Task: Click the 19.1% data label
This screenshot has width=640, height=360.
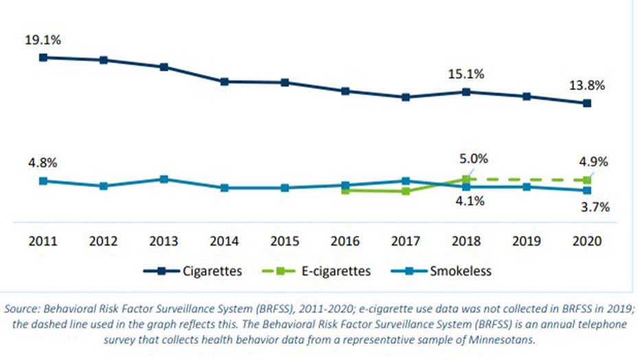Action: click(43, 41)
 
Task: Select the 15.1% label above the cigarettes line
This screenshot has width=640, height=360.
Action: click(467, 74)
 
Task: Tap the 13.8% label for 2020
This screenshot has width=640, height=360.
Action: click(587, 86)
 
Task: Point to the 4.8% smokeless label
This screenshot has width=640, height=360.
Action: click(43, 164)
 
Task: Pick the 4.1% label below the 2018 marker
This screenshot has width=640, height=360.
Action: click(467, 201)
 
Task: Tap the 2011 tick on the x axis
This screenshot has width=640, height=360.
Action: click(43, 242)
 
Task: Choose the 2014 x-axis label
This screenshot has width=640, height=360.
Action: click(224, 242)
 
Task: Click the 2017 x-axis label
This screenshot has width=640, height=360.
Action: click(406, 242)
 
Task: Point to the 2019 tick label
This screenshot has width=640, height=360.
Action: click(527, 242)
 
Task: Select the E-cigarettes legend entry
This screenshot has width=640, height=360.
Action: click(317, 271)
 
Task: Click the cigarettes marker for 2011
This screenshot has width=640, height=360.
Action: click(43, 58)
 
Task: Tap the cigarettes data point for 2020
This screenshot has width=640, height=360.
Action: click(587, 104)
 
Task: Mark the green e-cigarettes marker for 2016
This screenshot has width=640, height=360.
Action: click(345, 190)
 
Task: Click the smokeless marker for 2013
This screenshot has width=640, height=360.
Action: click(163, 179)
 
